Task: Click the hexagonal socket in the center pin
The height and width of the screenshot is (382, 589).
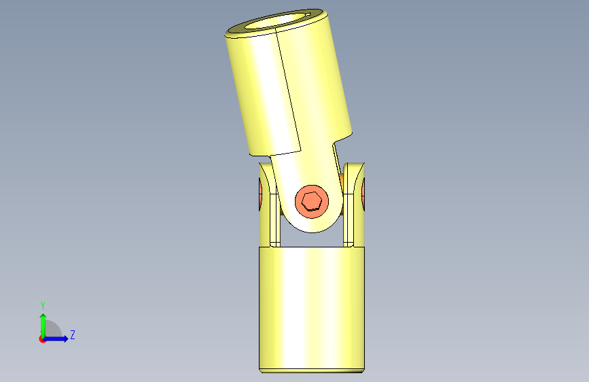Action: click(311, 201)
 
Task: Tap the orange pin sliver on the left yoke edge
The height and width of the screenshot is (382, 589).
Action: click(260, 194)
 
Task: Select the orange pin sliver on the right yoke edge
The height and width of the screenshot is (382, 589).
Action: click(363, 194)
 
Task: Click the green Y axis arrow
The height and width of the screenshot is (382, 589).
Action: click(43, 326)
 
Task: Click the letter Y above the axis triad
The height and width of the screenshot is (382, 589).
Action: click(43, 305)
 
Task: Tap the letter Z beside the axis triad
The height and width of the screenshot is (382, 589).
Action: click(73, 334)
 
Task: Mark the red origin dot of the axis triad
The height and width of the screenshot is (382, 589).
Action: click(42, 339)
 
